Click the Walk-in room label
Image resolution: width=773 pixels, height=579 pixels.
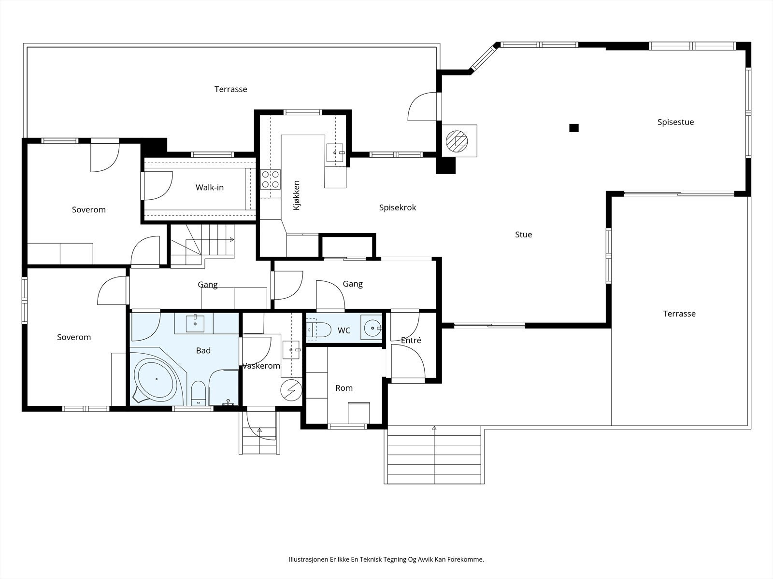point(210,187)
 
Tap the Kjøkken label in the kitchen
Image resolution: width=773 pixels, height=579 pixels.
point(297,195)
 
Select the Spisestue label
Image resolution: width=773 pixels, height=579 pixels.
point(675,123)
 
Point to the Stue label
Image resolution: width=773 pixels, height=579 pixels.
point(523,234)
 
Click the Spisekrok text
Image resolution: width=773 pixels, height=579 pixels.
point(398,208)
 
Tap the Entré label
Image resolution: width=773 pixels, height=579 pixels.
point(411,340)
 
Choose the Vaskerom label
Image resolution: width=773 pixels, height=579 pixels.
point(261,366)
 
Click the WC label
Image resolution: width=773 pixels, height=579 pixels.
point(344,331)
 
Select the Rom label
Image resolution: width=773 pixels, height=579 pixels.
point(344,388)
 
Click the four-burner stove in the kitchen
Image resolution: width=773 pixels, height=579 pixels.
point(271,179)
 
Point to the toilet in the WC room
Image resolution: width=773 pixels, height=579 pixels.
point(319,330)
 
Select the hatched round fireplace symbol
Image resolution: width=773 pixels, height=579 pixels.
point(457,141)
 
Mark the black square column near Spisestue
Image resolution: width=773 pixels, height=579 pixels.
point(573,128)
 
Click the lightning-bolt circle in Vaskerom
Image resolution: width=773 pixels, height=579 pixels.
point(291,389)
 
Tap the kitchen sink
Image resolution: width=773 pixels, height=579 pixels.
point(334,152)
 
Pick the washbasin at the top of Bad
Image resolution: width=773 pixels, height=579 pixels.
point(195,323)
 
